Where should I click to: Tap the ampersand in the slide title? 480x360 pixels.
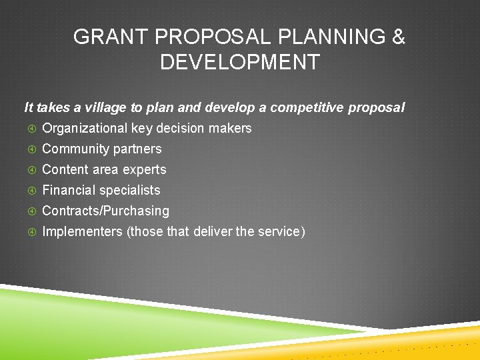[x=398, y=37]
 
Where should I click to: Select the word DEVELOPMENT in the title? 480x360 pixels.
[x=239, y=63]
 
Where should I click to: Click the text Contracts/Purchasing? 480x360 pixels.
[x=105, y=211]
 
